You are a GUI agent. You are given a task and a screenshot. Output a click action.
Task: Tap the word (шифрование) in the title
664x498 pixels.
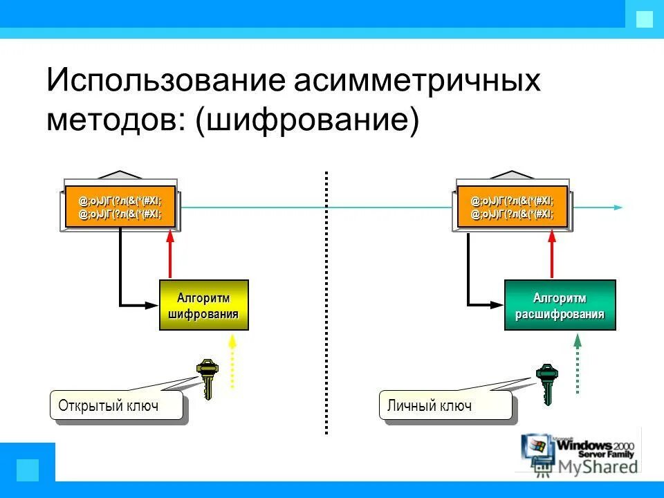point(307,119)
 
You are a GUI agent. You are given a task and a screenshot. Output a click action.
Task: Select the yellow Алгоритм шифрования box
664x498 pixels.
point(203,305)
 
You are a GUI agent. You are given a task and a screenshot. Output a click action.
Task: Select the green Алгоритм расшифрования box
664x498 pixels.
point(560,305)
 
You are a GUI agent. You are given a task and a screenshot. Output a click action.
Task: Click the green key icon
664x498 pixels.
point(547,382)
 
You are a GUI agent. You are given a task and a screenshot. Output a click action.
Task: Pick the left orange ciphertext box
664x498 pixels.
point(120,207)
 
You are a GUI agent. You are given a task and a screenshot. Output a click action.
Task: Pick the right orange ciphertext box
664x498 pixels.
point(512,207)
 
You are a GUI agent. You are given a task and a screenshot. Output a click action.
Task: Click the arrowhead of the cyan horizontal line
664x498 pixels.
point(618,207)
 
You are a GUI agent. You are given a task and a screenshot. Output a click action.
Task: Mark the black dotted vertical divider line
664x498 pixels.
point(326,304)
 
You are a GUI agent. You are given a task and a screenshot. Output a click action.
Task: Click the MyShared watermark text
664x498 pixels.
point(598,468)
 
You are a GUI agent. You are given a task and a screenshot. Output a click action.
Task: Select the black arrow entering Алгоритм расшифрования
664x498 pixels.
point(484,303)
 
